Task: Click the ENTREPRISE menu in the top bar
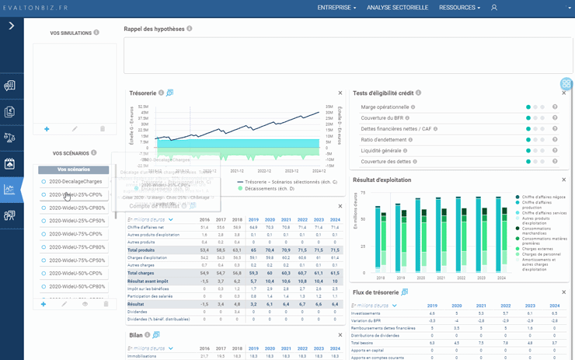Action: pos(336,7)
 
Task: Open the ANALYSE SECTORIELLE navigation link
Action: pos(397,7)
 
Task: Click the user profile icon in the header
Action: pos(493,7)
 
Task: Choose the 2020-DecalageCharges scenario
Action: pos(76,181)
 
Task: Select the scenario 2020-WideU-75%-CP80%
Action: pos(76,247)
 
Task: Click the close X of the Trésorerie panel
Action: pos(340,93)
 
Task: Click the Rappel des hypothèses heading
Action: pos(154,29)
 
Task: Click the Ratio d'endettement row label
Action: pos(384,140)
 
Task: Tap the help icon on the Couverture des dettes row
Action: pos(555,162)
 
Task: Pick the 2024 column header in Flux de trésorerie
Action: pos(554,306)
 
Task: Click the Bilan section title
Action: pos(136,335)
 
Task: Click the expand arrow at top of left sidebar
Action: pos(12,26)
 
